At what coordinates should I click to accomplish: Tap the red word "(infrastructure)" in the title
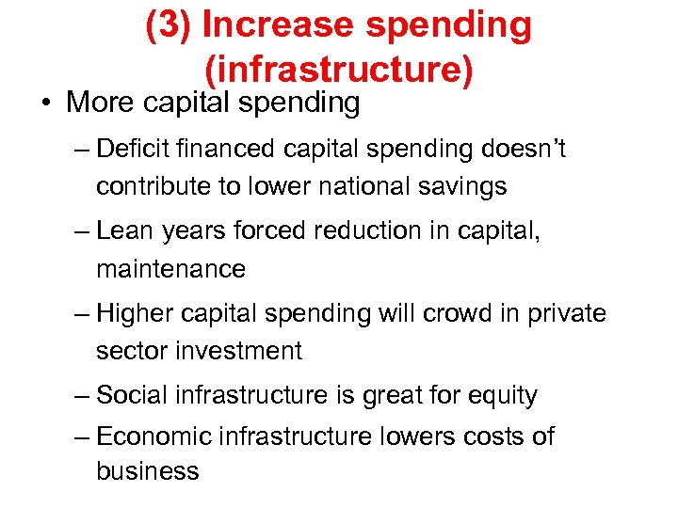(337, 69)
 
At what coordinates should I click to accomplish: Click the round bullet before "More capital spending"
(45, 103)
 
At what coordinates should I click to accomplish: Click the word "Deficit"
(133, 149)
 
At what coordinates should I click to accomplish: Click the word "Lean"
(125, 230)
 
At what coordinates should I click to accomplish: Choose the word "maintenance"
(170, 269)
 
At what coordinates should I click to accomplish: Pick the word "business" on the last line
(147, 470)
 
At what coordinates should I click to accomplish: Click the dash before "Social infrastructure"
(82, 395)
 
